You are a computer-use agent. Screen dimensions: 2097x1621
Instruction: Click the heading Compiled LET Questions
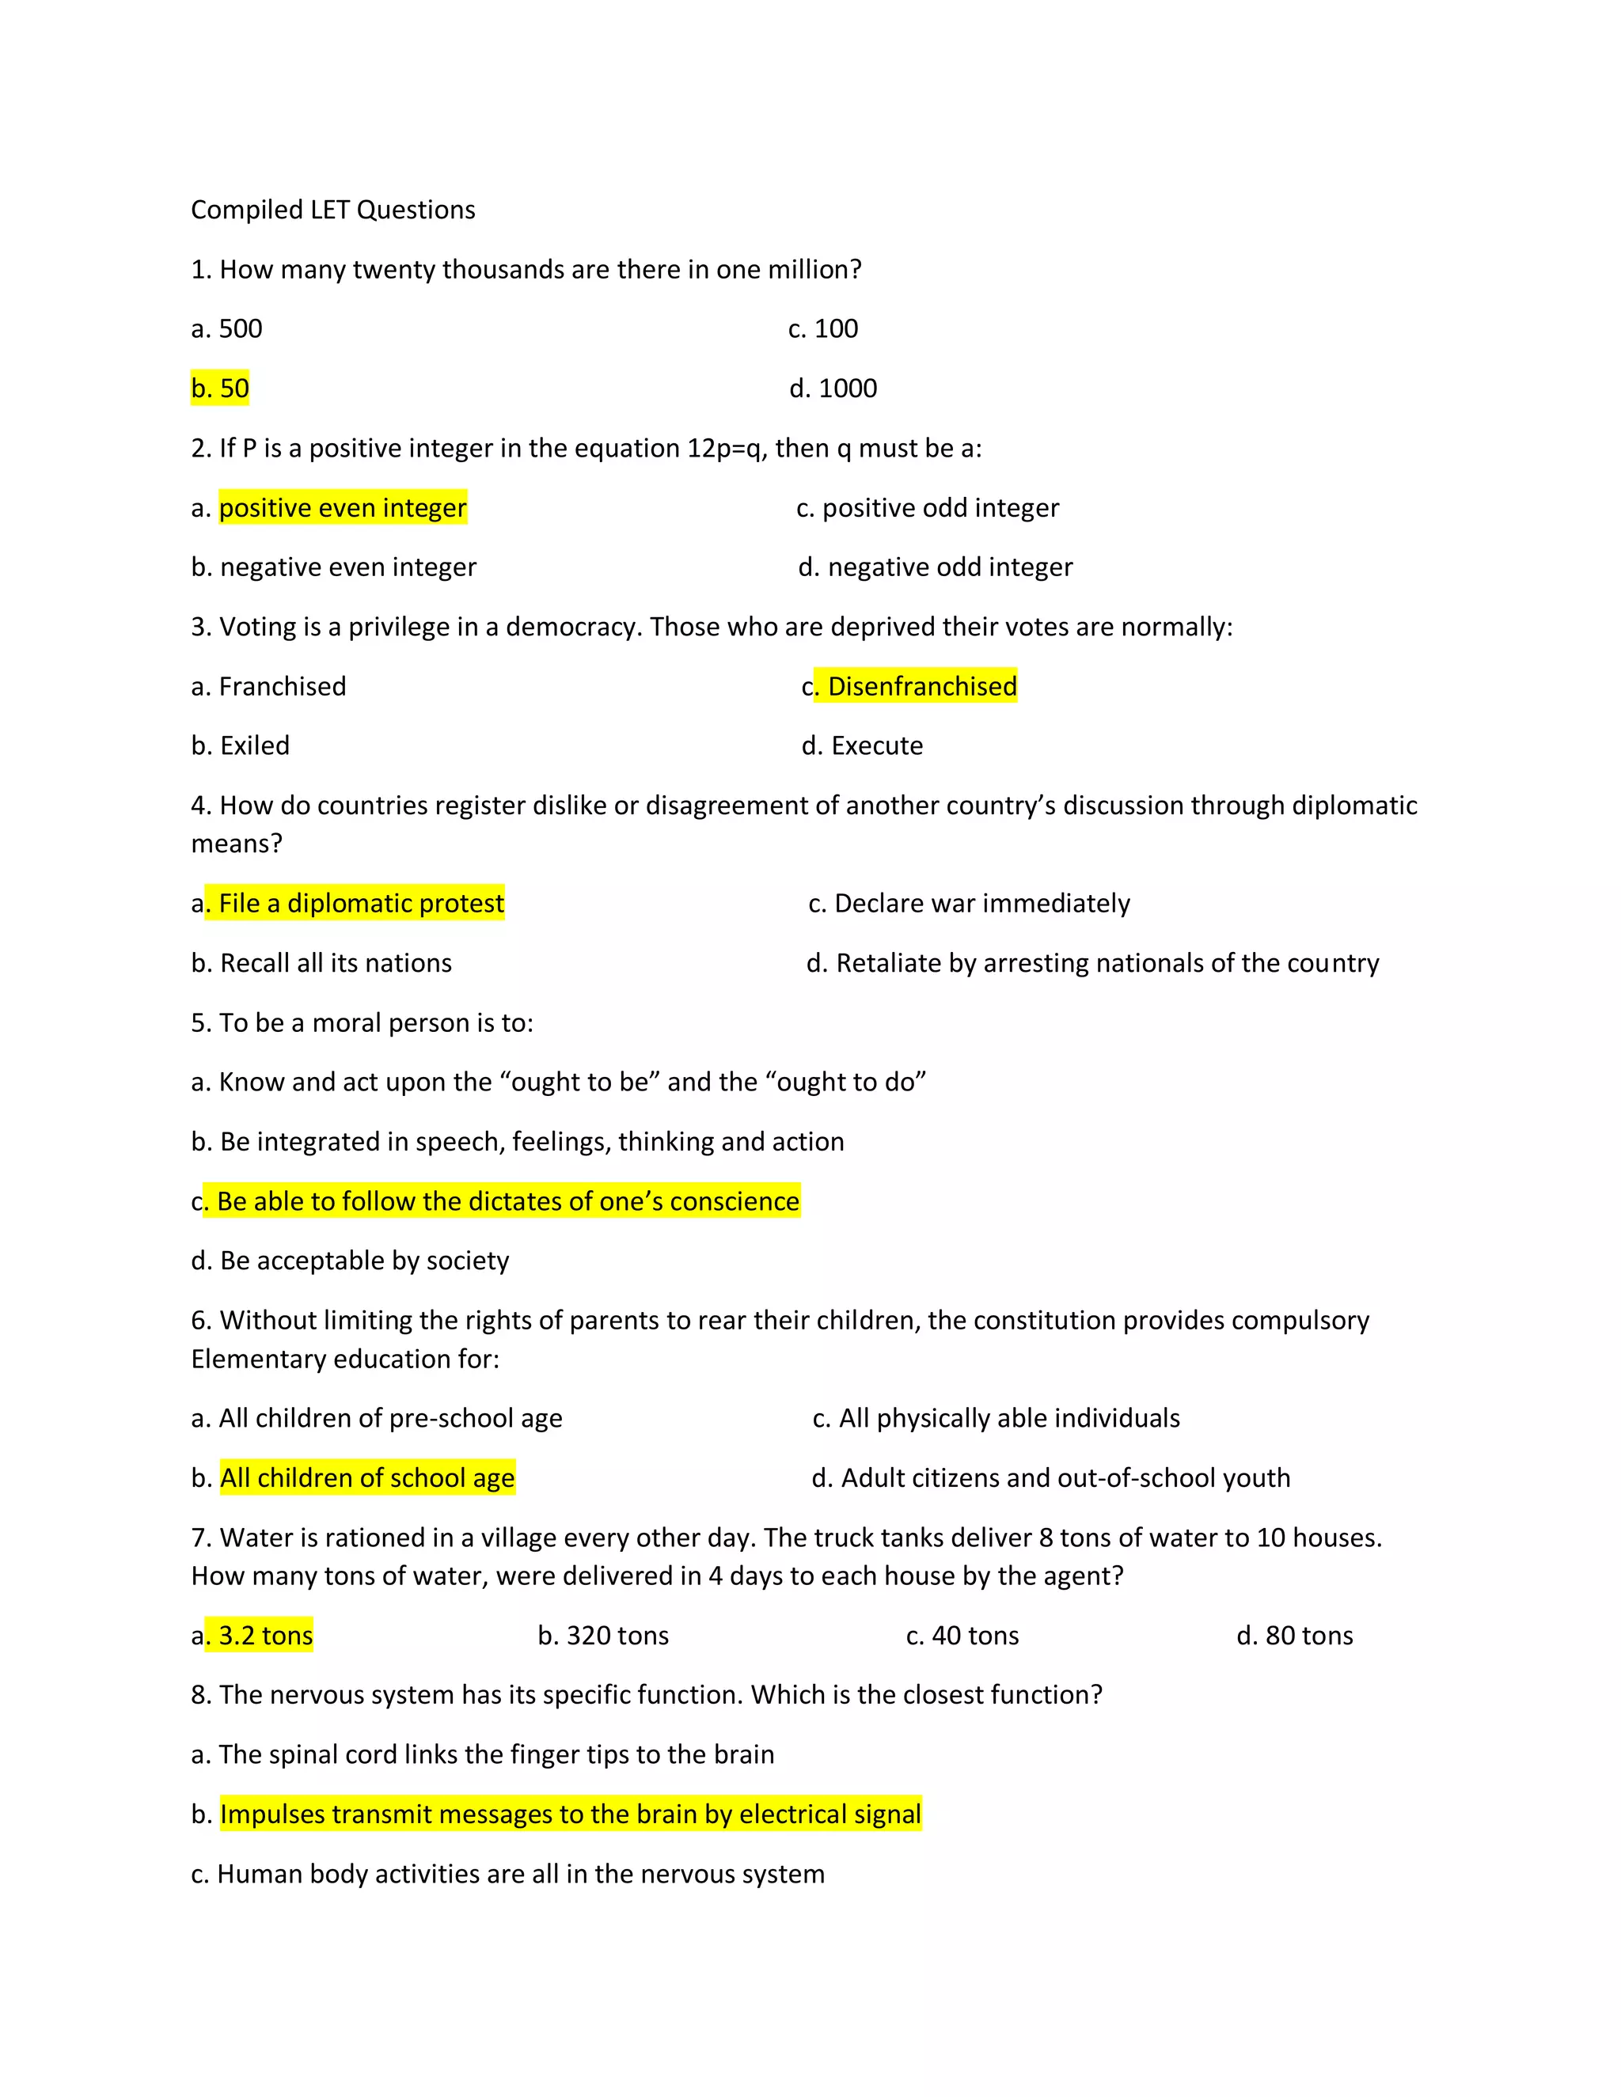click(x=332, y=210)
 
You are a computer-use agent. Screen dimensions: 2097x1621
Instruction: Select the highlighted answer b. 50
click(x=220, y=388)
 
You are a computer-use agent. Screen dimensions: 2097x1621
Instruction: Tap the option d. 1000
click(x=833, y=388)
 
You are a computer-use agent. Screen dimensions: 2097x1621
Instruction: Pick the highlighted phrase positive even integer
click(x=343, y=507)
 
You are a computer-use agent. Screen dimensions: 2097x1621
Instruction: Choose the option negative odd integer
click(x=949, y=567)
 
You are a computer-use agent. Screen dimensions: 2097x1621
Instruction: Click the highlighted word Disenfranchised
click(x=921, y=687)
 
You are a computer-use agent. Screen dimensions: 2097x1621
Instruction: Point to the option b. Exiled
click(x=240, y=745)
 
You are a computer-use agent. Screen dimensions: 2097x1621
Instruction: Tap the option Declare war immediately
click(x=981, y=903)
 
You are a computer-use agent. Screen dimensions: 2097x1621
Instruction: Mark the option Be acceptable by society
click(x=364, y=1260)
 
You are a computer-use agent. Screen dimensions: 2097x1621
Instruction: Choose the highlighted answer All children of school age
click(x=366, y=1477)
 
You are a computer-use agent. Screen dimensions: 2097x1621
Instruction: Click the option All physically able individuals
click(x=1008, y=1417)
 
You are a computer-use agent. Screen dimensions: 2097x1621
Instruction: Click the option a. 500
click(x=226, y=328)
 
